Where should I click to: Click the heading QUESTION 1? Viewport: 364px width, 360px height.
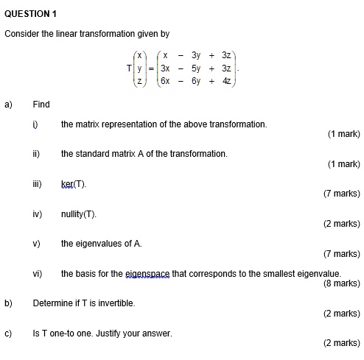31,14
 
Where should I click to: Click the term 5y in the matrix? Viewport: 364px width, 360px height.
196,68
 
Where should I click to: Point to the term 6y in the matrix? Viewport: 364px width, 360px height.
196,80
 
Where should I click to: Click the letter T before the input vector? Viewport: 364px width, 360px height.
130,68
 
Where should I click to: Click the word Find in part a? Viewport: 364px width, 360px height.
41,105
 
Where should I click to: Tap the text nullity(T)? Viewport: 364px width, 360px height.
79,213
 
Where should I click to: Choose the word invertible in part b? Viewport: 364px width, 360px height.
114,303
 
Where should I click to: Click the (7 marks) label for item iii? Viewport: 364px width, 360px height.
341,194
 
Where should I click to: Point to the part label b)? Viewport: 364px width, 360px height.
9,303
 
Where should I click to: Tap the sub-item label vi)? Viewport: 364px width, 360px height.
37,273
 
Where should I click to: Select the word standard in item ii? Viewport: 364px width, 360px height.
93,153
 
